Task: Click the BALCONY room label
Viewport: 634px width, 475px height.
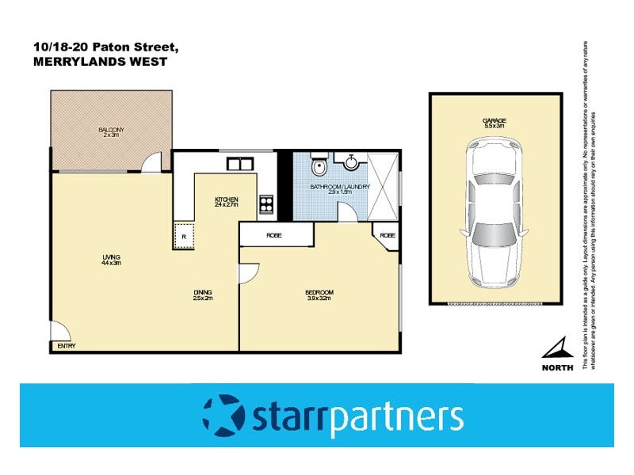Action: point(112,130)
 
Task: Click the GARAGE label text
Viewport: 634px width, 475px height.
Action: point(495,121)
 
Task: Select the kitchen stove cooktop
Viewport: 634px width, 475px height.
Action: point(266,205)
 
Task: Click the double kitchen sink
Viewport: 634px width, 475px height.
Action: point(239,165)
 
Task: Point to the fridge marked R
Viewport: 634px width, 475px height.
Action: point(184,236)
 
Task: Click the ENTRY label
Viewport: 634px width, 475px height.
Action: point(66,347)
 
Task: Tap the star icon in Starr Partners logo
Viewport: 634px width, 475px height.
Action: point(223,414)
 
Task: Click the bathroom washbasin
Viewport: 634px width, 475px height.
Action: point(352,159)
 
